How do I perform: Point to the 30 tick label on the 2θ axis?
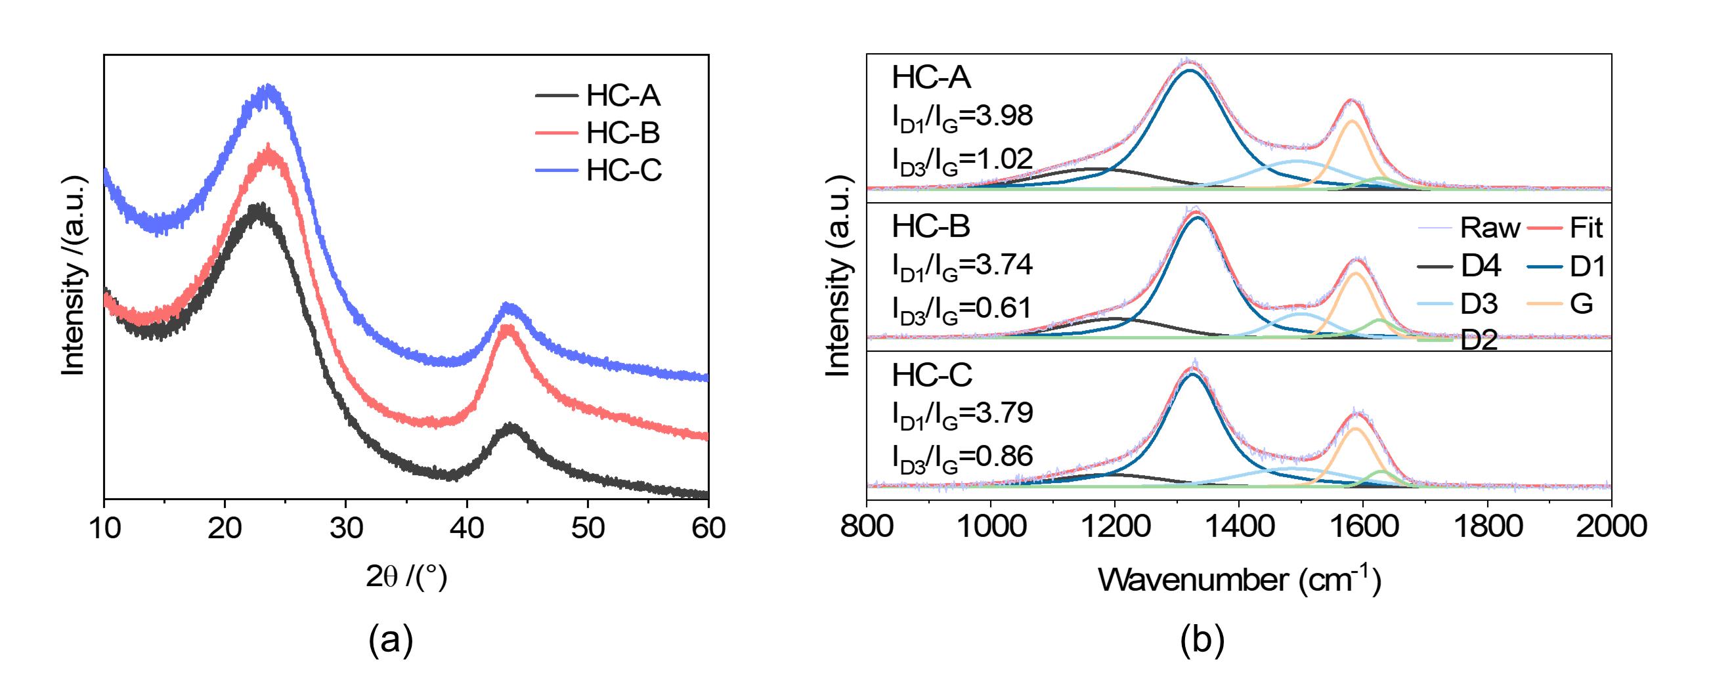346,528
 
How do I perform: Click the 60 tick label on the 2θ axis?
708,528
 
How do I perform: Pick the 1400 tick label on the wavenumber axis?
1239,526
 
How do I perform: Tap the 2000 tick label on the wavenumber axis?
1611,526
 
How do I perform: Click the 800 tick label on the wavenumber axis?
866,526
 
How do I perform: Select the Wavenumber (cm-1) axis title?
1240,579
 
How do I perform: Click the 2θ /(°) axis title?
406,578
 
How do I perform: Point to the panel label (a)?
391,641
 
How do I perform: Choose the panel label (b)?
1202,641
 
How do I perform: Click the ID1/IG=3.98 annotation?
962,117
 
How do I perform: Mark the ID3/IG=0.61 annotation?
962,308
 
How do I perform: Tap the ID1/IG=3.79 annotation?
962,413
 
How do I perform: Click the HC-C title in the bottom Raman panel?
932,375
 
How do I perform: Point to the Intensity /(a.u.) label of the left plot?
73,276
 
